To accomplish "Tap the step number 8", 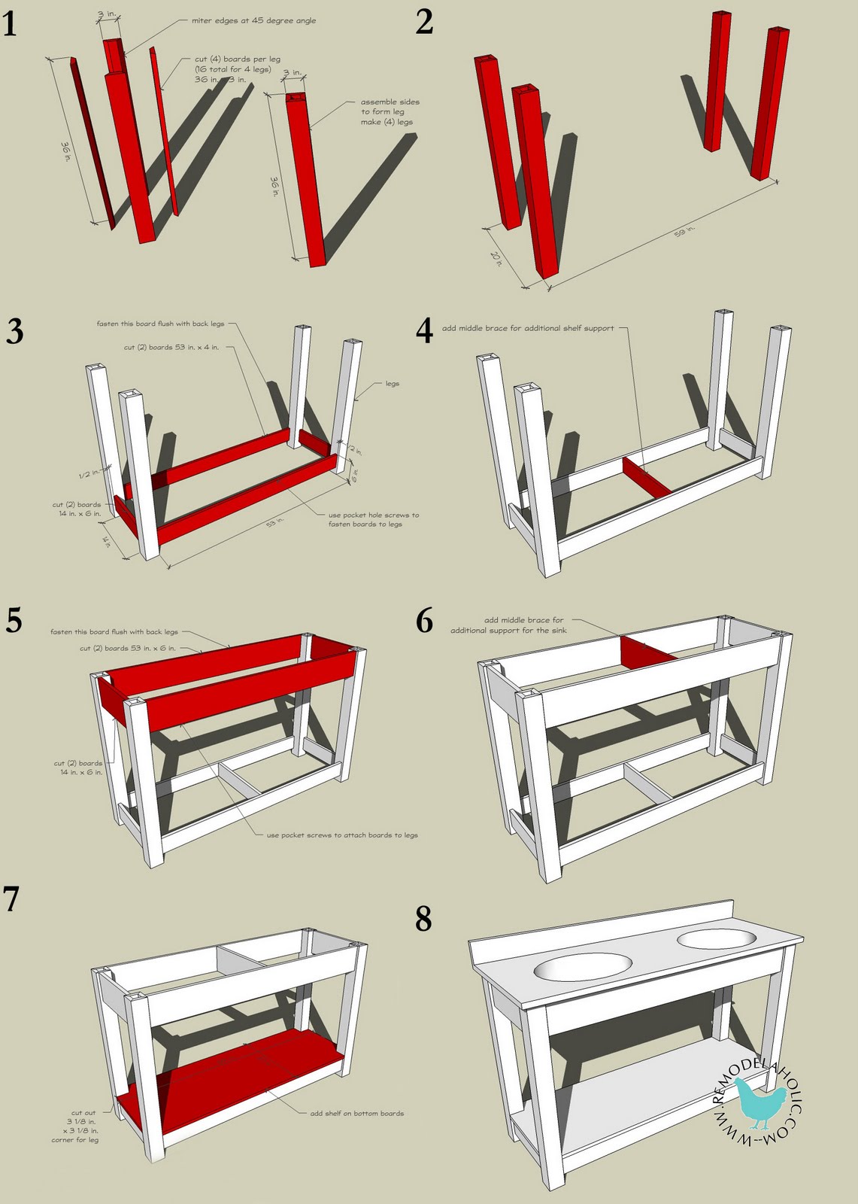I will [x=423, y=919].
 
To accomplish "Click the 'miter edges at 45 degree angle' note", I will [x=253, y=21].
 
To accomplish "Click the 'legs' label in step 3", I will [x=392, y=384].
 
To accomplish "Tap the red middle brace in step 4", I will [x=647, y=477].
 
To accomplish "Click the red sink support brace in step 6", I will [x=648, y=652].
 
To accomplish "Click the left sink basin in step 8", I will [x=584, y=967].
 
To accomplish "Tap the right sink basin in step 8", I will [x=717, y=938].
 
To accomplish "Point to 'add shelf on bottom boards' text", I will [x=356, y=1113].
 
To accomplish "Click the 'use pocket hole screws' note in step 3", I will [x=373, y=520].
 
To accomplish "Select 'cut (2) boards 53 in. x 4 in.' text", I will [x=171, y=348].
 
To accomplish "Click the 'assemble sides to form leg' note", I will [x=389, y=111].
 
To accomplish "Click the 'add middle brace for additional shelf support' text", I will [x=528, y=328].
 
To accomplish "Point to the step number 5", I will [x=14, y=621].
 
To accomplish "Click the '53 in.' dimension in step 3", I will [x=275, y=521].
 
